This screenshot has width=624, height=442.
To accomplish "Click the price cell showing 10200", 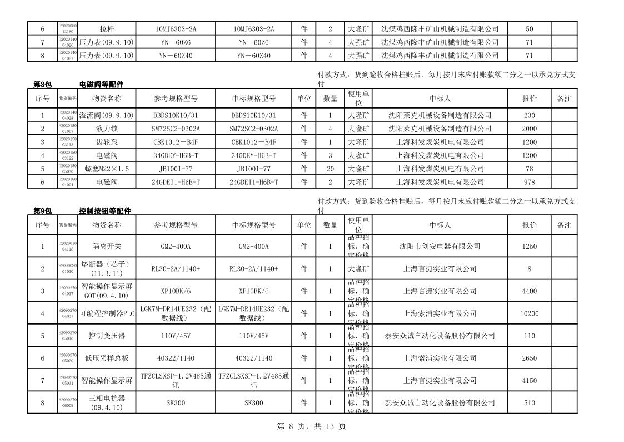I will pyautogui.click(x=530, y=313).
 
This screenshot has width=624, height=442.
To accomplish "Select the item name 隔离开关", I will pyautogui.click(x=107, y=246).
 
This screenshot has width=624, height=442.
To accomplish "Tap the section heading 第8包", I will pyautogui.click(x=43, y=85).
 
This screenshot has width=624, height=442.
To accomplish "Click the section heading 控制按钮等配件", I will pyautogui.click(x=105, y=211).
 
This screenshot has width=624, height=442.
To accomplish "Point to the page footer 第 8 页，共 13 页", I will pyautogui.click(x=311, y=426).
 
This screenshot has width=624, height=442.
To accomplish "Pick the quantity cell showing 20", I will pyautogui.click(x=330, y=169).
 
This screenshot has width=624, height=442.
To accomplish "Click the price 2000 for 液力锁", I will pyautogui.click(x=530, y=129).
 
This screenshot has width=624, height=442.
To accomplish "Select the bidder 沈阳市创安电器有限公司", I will pyautogui.click(x=440, y=246).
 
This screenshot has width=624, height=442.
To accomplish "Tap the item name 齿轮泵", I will pyautogui.click(x=107, y=142).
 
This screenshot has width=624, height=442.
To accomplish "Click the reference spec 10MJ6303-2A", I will pyautogui.click(x=176, y=29).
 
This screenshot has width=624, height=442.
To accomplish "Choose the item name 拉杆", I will pyautogui.click(x=107, y=29).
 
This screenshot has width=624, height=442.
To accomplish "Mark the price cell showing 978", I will pyautogui.click(x=530, y=182).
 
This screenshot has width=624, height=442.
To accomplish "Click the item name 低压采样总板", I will pyautogui.click(x=107, y=358).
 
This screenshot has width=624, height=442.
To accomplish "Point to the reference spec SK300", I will pyautogui.click(x=176, y=402).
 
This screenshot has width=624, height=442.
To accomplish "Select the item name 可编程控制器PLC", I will pyautogui.click(x=107, y=313).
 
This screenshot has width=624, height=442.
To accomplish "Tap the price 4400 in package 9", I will pyautogui.click(x=530, y=291).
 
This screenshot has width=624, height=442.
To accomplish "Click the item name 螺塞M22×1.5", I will pyautogui.click(x=107, y=169).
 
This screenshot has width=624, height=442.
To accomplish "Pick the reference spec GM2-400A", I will pyautogui.click(x=176, y=246).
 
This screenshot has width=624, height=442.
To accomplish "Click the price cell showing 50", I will pyautogui.click(x=530, y=29).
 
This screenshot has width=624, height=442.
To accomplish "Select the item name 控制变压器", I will pyautogui.click(x=107, y=336).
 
